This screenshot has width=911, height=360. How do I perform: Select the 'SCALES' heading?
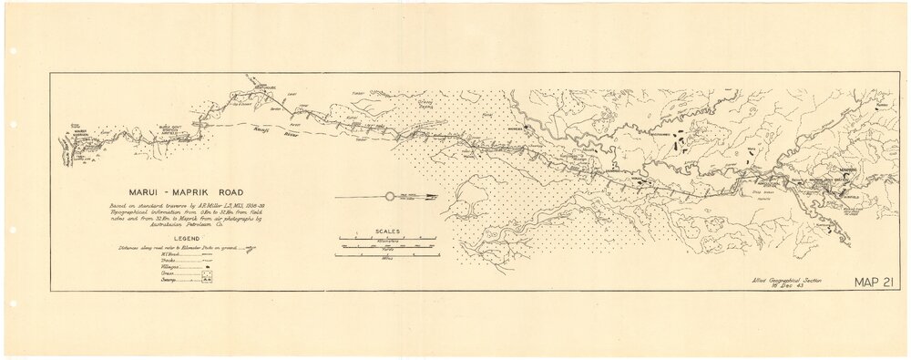coord(384,231)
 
